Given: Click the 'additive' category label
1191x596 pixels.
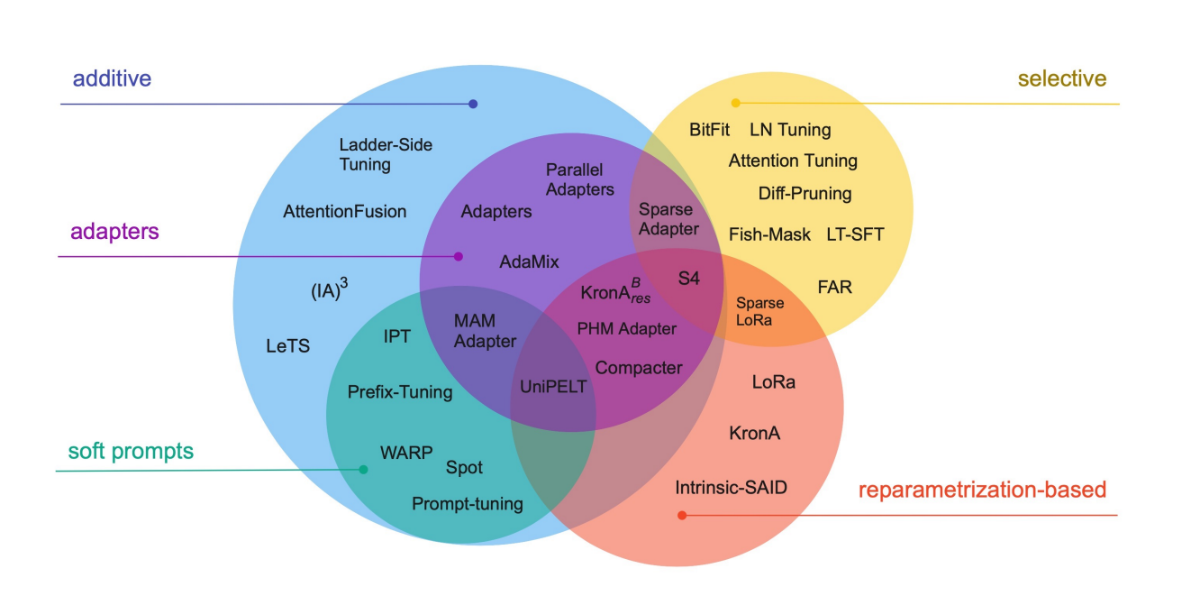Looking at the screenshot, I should pos(112,79).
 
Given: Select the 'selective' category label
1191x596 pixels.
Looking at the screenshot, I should pos(1062,79).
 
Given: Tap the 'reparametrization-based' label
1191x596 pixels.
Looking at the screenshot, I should pos(982,491).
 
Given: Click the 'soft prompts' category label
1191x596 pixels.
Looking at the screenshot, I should pos(131,452).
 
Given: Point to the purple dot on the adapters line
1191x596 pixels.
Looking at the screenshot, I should pos(459,257).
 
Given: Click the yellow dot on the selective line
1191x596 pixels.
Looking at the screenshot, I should pos(735,103).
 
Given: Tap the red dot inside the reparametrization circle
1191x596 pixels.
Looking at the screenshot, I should pos(682,516).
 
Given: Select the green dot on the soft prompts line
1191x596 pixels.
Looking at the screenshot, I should pos(363,470).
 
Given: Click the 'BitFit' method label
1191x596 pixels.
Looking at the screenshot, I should pos(709,130).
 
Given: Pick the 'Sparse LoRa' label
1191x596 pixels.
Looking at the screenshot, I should pos(759,311).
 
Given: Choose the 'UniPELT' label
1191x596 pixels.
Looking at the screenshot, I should pos(553,387).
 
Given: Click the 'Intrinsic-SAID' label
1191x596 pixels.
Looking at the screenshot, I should pos(731,488).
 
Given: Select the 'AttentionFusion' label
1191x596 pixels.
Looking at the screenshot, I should pos(344,212).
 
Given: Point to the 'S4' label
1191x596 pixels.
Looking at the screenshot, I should pos(688,279).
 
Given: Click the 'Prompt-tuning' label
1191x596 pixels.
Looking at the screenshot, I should pos(467,504).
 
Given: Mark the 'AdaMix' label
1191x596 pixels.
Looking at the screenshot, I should pos(529,262).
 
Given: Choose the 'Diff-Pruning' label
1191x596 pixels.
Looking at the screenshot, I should pos(805,193).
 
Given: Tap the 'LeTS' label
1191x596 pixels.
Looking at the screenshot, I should pos(287,345).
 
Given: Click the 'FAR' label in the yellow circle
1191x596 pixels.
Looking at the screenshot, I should pos(834,288).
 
